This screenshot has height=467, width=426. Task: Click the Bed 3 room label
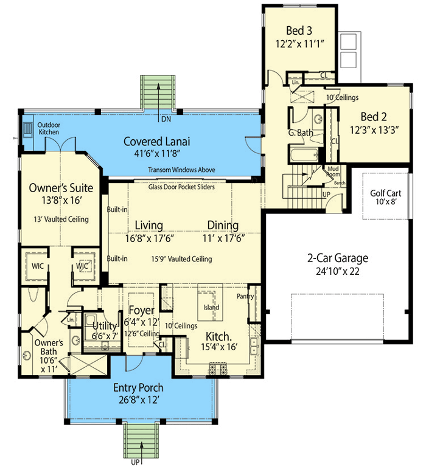coord(299,31)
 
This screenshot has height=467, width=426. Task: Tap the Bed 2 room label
coord(373,117)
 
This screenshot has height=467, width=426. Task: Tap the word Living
coord(149,224)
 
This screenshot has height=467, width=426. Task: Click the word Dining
coord(222,224)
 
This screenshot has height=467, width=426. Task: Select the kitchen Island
coord(211,308)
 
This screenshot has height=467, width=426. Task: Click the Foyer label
coord(141,311)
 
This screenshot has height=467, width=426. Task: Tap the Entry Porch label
coord(138,387)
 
